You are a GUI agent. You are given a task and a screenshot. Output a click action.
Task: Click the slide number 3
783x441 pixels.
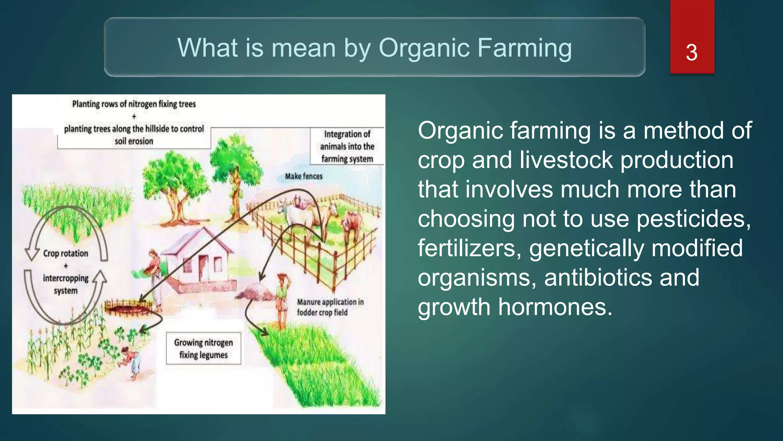691,52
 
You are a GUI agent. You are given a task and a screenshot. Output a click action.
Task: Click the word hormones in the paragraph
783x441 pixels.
555,307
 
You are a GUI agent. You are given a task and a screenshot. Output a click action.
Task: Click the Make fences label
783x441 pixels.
304,176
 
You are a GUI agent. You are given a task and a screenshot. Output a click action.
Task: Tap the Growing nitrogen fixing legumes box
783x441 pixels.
203,348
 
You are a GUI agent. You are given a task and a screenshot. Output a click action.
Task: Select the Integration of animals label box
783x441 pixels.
347,146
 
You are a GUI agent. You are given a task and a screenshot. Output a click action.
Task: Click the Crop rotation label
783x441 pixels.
65,253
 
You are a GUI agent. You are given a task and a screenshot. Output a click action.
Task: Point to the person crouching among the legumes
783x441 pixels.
130,362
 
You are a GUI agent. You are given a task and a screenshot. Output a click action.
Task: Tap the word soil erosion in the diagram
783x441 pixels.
134,141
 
